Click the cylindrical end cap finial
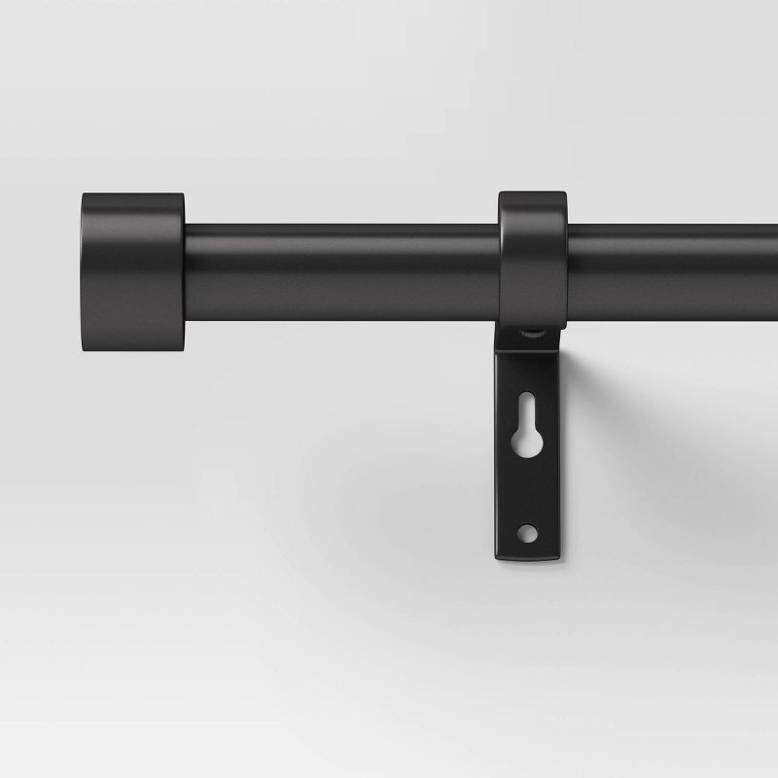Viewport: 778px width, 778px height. pos(131,273)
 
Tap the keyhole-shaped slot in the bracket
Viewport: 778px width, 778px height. pos(526,428)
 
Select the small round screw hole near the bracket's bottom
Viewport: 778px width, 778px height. pos(526,531)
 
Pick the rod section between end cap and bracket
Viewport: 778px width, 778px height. pos(340,272)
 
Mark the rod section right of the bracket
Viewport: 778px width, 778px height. pos(671,272)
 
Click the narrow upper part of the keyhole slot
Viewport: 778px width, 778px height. pos(526,407)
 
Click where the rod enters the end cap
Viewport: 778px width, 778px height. pos(185,272)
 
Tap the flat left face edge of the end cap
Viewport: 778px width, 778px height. pos(84,273)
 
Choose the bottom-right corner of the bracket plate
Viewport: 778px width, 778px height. pos(559,556)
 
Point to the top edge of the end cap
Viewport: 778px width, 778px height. pos(131,194)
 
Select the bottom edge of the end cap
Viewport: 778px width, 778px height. pos(131,352)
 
